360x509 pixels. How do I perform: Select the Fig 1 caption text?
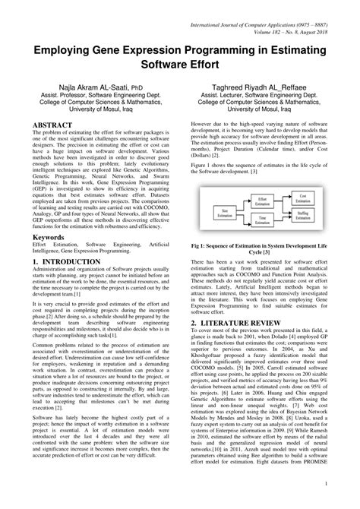[x=269, y=246]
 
